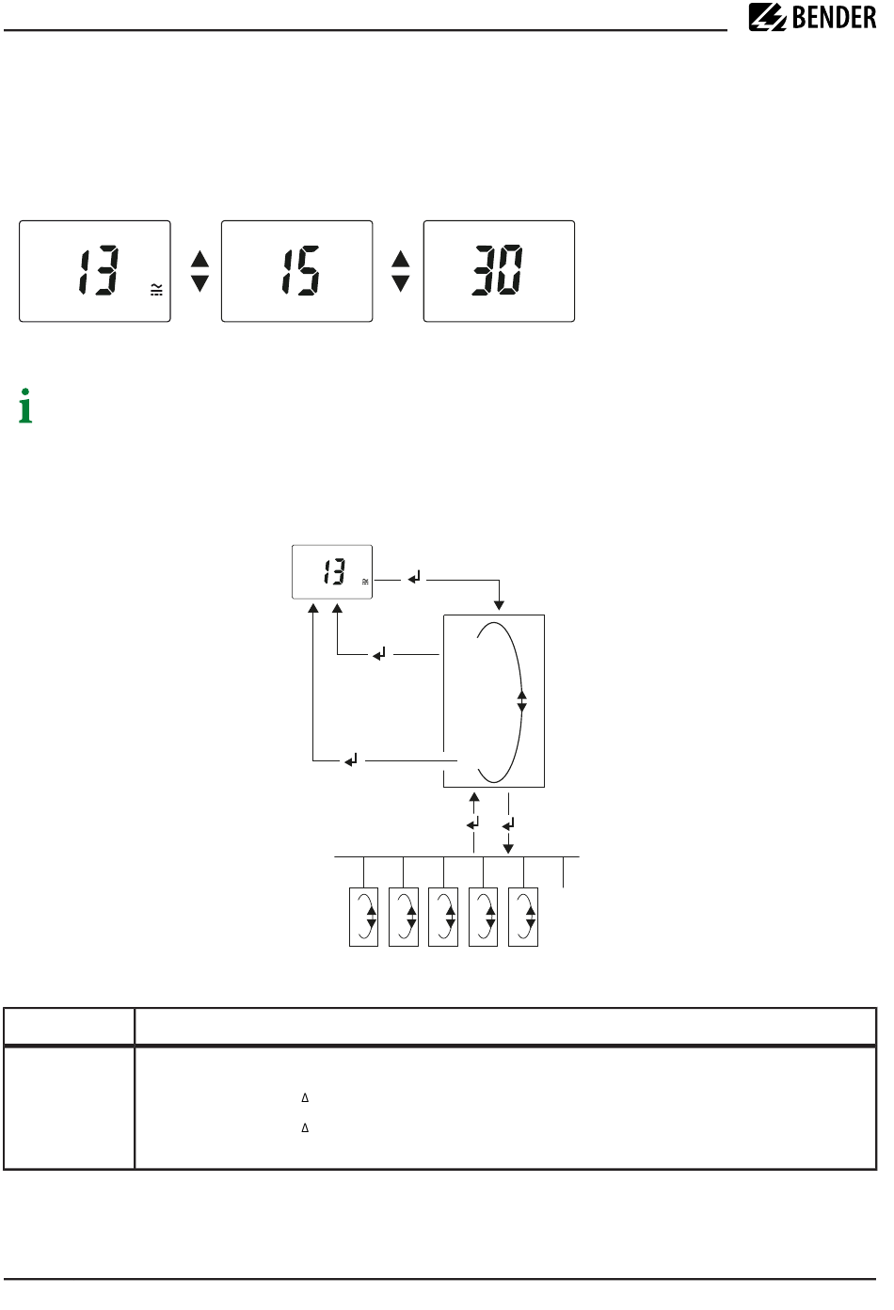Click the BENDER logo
[x=812, y=17]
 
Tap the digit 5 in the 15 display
[x=308, y=271]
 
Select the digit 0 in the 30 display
[x=510, y=270]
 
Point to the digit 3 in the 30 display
[x=485, y=270]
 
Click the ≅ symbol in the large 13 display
[x=156, y=290]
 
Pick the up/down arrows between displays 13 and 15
[x=200, y=271]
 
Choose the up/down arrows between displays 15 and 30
[x=401, y=271]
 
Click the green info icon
[x=25, y=406]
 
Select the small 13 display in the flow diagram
[x=332, y=572]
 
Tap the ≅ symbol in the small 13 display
[x=365, y=582]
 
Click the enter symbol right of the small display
[x=414, y=578]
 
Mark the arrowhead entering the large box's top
[x=499, y=605]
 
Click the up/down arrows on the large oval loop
[x=522, y=701]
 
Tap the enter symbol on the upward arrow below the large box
[x=473, y=823]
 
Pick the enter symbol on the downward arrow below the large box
[x=508, y=824]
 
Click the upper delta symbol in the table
[x=305, y=1097]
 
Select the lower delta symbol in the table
[x=305, y=1127]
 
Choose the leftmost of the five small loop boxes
[x=363, y=917]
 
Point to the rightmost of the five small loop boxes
[x=523, y=917]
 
